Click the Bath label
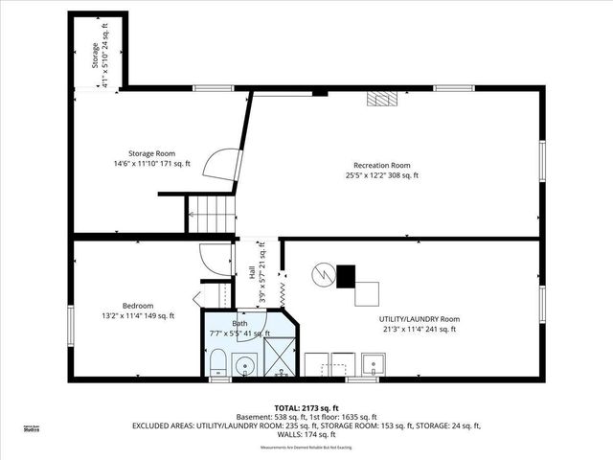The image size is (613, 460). click(x=239, y=324)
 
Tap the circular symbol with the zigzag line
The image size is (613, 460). click(x=325, y=275)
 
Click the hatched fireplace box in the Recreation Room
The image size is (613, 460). click(x=385, y=98)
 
